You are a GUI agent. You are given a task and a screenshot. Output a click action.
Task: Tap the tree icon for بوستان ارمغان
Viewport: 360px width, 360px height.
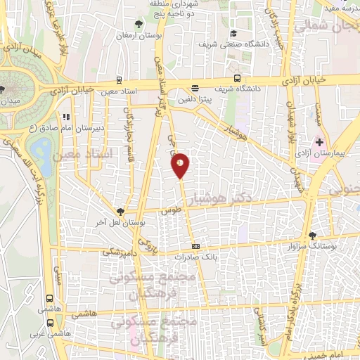(x=139, y=22)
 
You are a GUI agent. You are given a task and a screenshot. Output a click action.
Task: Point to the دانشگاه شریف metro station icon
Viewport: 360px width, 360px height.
(x=238, y=78)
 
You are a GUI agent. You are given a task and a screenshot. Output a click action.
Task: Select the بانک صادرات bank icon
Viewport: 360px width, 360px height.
(x=195, y=246)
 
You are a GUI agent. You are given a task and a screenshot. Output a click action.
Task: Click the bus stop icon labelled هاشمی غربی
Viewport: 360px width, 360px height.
(x=50, y=323)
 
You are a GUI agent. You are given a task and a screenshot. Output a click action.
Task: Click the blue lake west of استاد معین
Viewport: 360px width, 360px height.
(x=41, y=150)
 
